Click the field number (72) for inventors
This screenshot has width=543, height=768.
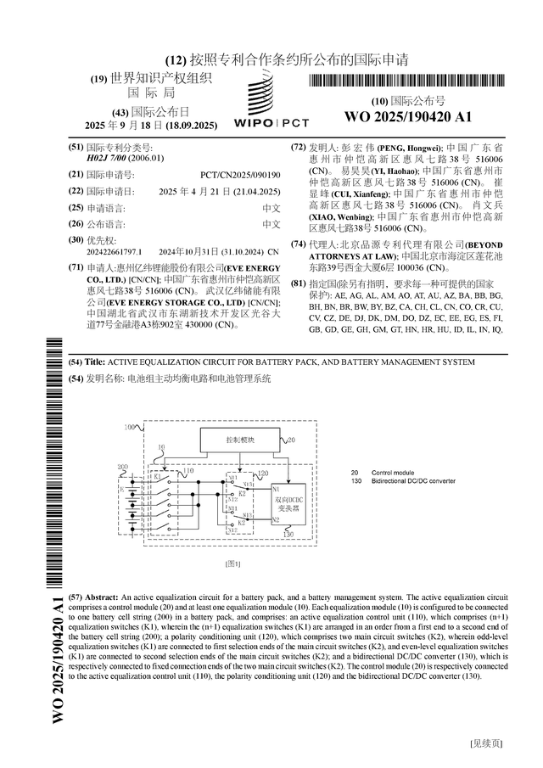point(298,147)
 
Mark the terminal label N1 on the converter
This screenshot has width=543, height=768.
point(276,489)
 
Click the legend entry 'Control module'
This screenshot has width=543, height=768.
point(393,471)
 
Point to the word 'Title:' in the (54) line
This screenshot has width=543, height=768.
point(96,362)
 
